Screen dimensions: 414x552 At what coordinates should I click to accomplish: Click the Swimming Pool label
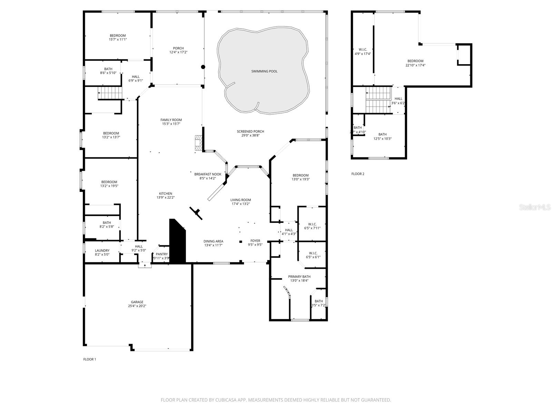(x=264, y=71)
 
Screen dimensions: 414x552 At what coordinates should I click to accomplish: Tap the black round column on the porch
(x=203, y=67)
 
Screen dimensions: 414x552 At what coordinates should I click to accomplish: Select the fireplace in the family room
(x=198, y=142)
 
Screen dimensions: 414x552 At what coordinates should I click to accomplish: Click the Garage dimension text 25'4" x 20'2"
(x=137, y=306)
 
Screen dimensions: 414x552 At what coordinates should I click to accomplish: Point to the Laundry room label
(x=102, y=250)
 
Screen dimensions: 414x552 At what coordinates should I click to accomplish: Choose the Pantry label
(x=161, y=254)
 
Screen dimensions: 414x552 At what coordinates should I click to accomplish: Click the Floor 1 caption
(x=90, y=359)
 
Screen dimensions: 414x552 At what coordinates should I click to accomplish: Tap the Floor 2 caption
(x=358, y=174)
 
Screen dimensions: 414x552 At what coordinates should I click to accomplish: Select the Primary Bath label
(x=299, y=277)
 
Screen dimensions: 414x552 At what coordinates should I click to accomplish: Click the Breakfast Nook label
(x=208, y=174)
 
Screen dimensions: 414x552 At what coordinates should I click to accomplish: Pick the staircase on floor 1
(x=110, y=93)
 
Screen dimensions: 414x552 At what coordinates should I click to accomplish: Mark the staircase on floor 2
(x=378, y=100)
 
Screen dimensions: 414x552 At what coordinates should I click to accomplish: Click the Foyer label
(x=255, y=241)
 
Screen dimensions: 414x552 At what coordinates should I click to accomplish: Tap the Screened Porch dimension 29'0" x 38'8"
(x=250, y=136)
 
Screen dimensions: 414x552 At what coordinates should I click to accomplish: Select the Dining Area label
(x=213, y=241)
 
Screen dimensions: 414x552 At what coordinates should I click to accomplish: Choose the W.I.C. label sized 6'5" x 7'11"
(x=313, y=224)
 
